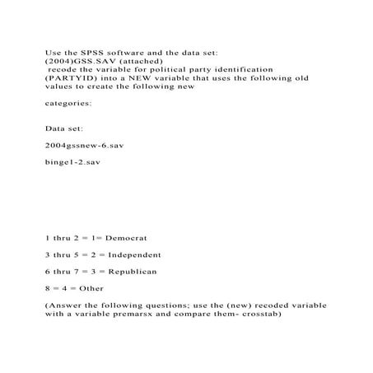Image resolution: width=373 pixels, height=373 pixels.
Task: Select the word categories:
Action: click(x=68, y=104)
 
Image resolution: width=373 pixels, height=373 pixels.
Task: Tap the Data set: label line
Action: click(x=64, y=129)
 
